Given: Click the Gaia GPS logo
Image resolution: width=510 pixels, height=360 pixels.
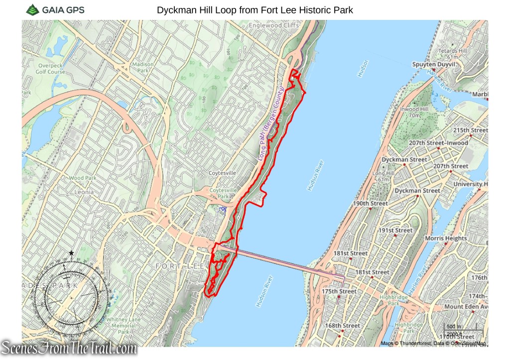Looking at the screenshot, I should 55,9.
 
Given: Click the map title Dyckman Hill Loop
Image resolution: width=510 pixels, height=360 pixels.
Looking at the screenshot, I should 255,10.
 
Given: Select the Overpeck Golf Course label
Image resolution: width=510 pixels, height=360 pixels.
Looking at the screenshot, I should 50,68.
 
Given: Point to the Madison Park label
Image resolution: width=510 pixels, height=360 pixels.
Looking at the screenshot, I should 143,67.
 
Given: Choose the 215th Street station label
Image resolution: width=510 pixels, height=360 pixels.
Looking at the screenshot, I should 470,130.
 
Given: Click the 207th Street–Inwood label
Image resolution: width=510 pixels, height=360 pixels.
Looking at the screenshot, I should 438,143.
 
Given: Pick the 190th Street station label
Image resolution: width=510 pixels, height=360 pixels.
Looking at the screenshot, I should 370,204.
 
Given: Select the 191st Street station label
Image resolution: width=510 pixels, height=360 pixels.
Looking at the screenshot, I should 395,231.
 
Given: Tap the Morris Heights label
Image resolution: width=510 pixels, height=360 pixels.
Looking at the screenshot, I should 446,239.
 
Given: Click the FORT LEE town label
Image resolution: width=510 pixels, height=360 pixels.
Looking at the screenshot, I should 179,266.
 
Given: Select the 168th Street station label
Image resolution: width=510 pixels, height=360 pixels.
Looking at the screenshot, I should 343,326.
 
